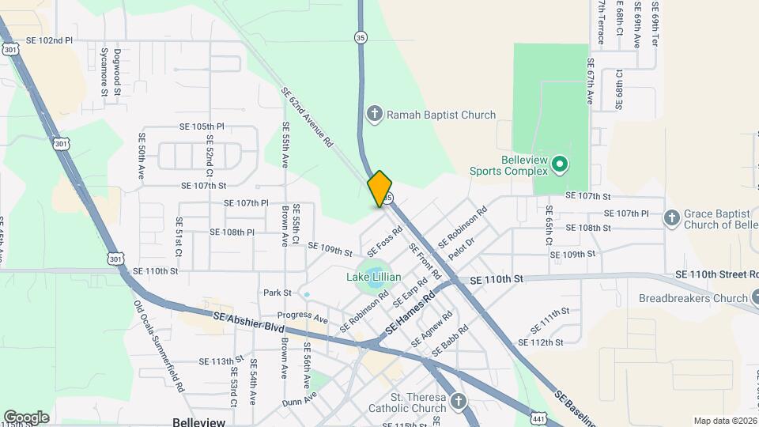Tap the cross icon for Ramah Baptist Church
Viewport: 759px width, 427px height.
(375, 115)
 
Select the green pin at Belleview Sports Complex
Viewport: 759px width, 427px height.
(560, 164)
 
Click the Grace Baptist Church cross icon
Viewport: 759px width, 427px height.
(671, 217)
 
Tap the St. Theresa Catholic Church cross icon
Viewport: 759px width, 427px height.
(458, 403)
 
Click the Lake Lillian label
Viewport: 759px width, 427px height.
(374, 277)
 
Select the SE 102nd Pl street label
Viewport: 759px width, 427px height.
(49, 40)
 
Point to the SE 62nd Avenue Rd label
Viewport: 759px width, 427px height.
(307, 118)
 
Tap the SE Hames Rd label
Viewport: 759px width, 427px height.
(410, 312)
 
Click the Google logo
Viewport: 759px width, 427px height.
(26, 417)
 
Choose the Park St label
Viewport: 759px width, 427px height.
(278, 293)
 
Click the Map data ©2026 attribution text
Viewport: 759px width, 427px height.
(724, 421)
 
